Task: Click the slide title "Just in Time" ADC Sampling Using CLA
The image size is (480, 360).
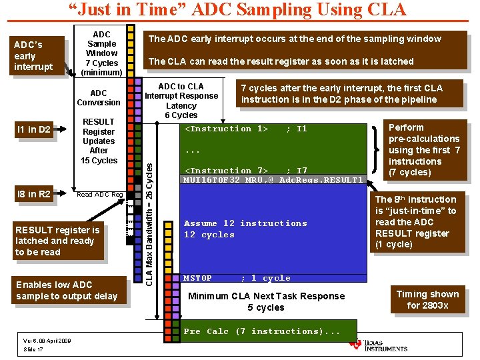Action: pyautogui.click(x=237, y=10)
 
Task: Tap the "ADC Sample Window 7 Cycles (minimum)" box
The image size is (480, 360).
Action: pyautogui.click(x=101, y=53)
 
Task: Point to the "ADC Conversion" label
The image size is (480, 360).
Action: pyautogui.click(x=99, y=98)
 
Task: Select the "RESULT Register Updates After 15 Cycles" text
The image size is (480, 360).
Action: pyautogui.click(x=99, y=141)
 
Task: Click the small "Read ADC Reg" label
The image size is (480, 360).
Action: pyautogui.click(x=99, y=195)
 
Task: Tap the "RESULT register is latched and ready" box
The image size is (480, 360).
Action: pyautogui.click(x=58, y=241)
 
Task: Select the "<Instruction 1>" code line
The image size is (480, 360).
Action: pyautogui.click(x=226, y=129)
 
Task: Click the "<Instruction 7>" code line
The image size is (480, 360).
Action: pyautogui.click(x=226, y=171)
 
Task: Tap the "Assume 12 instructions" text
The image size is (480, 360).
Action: pyautogui.click(x=245, y=223)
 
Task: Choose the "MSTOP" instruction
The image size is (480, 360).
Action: pyautogui.click(x=198, y=278)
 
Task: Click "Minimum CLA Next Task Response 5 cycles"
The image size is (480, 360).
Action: pyautogui.click(x=266, y=302)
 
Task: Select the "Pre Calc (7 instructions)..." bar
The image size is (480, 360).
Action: pyautogui.click(x=267, y=331)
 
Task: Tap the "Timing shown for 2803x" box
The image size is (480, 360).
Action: pyautogui.click(x=427, y=299)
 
